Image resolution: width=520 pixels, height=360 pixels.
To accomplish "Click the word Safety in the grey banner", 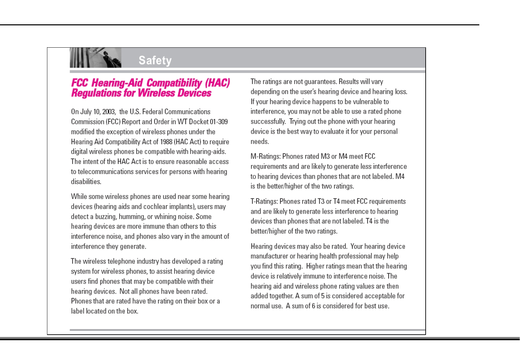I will [x=155, y=60].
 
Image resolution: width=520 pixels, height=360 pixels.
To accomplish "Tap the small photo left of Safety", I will [x=95, y=58].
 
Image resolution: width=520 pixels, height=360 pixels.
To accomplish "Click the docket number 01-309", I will [x=219, y=122].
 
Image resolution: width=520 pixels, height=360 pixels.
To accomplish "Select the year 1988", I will [x=166, y=142].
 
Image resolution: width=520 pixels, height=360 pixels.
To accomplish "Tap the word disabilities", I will [x=86, y=182].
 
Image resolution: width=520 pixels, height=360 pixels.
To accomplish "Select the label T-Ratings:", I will [x=264, y=201].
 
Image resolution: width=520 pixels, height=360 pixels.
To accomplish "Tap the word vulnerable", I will [x=364, y=102].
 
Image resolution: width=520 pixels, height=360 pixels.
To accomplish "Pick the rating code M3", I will [x=325, y=156].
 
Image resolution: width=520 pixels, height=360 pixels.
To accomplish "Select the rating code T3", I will [x=321, y=201].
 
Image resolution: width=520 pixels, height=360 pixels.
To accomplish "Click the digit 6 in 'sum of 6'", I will [x=313, y=306].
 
